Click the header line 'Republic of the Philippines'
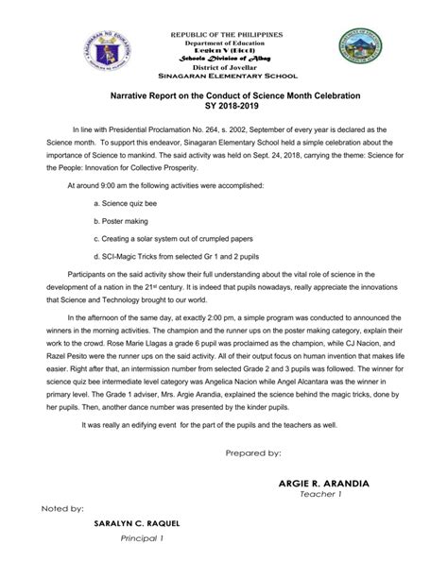(224, 34)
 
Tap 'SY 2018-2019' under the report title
(224, 109)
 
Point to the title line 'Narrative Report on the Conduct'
(224, 97)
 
